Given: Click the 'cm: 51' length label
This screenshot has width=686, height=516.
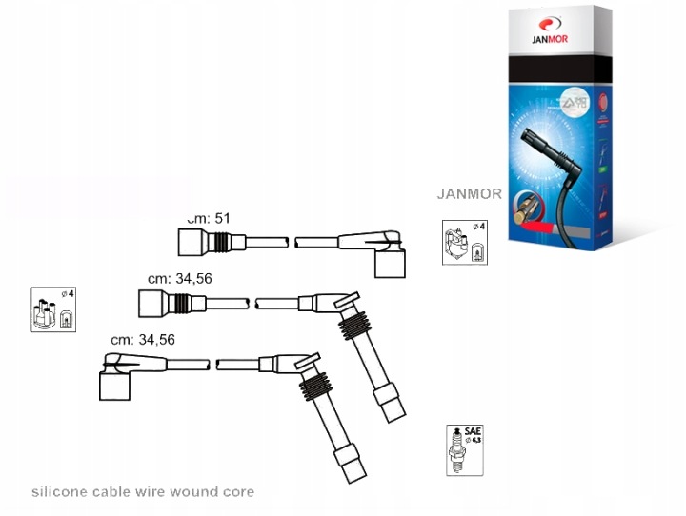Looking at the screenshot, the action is tap(210, 219).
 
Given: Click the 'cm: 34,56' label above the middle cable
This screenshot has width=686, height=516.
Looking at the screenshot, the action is tap(181, 279).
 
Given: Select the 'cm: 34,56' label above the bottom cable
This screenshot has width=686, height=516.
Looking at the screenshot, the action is tap(143, 339).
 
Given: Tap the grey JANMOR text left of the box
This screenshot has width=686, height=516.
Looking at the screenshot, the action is tap(469, 193).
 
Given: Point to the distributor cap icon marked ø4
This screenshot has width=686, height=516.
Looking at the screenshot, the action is tap(53, 309).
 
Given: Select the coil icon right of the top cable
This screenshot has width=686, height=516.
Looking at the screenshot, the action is tap(464, 244).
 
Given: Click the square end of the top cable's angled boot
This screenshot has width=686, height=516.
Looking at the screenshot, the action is tap(390, 264).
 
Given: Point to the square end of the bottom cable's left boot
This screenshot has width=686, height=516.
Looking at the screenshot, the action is tap(115, 386).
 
